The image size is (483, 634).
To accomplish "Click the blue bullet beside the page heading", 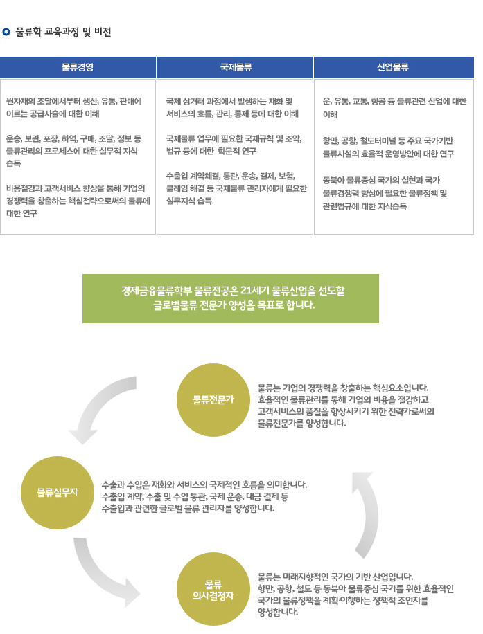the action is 6,32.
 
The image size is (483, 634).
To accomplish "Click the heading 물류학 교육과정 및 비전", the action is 63,32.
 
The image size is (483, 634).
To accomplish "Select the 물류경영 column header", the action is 78,67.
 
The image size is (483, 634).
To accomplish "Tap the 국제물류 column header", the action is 235,67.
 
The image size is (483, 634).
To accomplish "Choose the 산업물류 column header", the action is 394,67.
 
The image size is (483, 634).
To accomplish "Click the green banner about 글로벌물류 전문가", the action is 231,298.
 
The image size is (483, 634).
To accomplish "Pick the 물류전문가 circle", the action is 213,400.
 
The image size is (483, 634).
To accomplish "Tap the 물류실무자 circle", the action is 57,493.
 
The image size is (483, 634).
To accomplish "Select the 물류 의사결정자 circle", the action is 213,589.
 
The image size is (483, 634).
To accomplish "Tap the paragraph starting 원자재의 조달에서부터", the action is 74,107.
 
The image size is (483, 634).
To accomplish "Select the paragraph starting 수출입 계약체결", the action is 236,188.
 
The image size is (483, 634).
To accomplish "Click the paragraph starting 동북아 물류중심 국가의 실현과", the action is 385,193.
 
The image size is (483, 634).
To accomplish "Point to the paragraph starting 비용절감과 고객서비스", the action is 78,201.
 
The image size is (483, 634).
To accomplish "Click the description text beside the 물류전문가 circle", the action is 346,406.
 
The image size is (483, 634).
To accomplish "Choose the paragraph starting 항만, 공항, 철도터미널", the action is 388,147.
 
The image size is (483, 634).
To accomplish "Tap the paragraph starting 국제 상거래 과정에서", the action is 232,107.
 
